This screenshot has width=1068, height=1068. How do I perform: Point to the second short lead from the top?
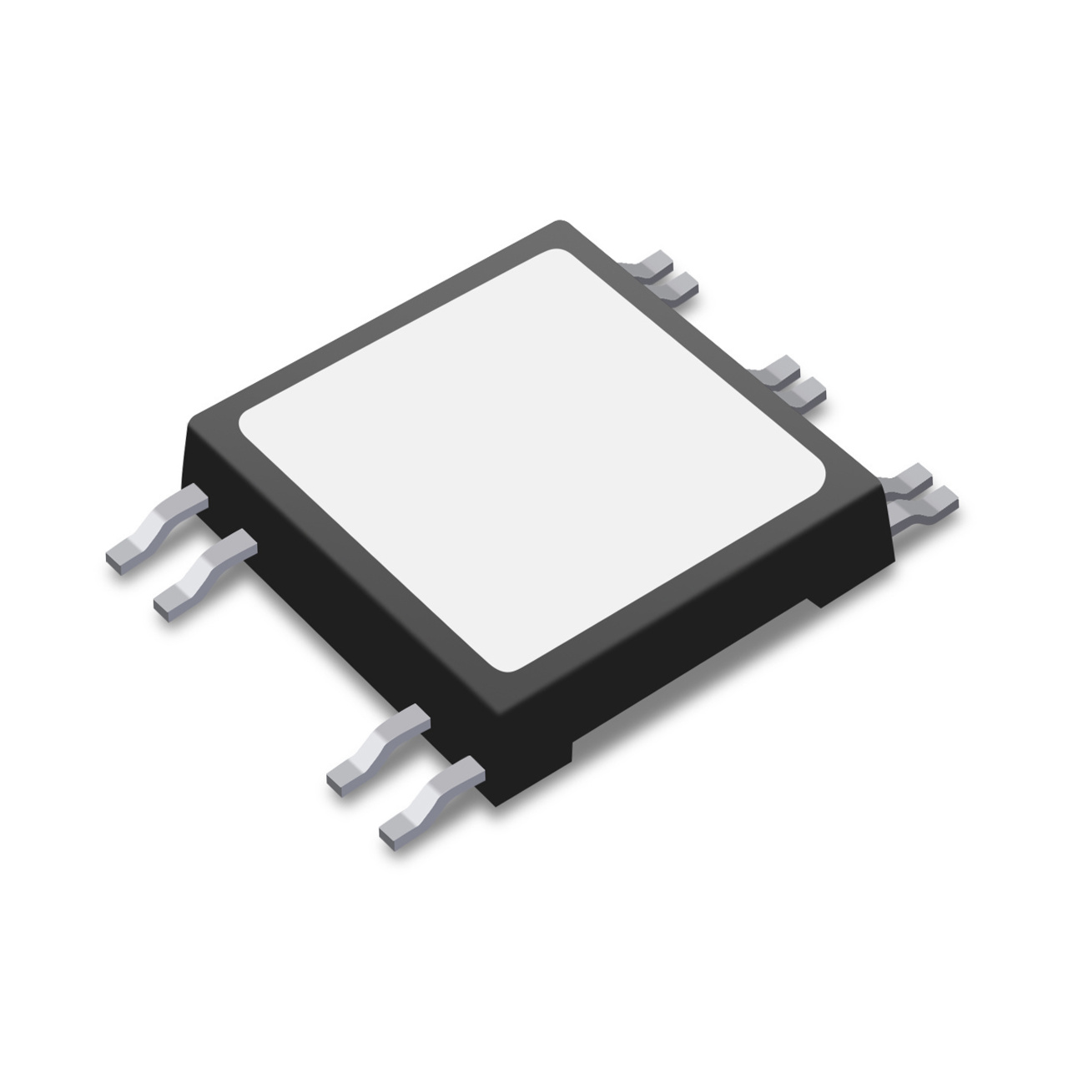tap(676, 287)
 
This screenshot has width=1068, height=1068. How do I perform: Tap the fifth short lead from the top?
tap(909, 477)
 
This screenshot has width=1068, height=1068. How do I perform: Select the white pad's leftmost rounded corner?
tap(247, 426)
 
